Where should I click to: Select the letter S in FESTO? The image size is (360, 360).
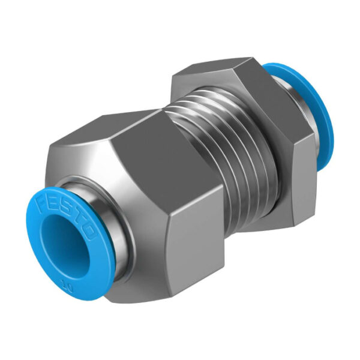65,206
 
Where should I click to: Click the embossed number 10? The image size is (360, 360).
67,288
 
